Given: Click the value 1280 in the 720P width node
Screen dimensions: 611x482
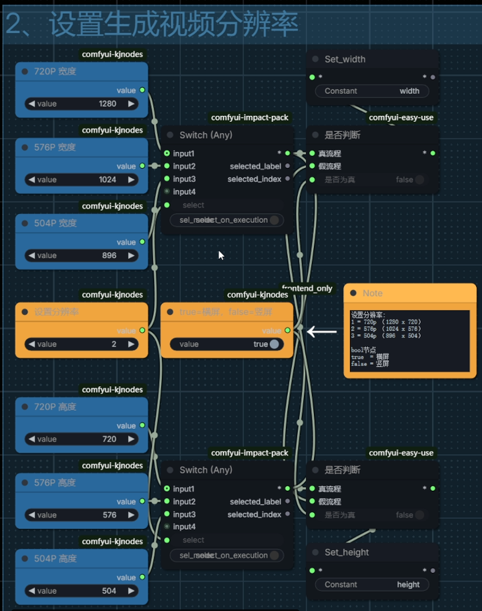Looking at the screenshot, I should coord(108,104).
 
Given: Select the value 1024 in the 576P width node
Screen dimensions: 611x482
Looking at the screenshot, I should coord(108,179).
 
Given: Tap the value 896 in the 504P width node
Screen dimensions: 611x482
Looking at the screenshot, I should coord(109,255).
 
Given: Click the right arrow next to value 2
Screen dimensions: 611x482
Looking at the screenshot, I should coord(132,344).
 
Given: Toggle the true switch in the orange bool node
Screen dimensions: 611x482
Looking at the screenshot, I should coord(274,344).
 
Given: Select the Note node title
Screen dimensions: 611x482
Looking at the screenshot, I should coord(372,293).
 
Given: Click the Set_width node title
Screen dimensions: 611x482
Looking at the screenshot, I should coord(345,59).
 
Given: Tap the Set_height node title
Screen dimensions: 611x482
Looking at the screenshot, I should coord(346,552).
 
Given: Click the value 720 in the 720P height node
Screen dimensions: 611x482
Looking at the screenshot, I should coord(109,439).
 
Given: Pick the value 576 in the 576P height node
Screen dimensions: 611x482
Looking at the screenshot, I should coord(109,515).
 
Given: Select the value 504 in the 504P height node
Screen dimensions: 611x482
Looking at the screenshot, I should coord(109,590).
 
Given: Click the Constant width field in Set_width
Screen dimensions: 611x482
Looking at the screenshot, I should coord(372,91).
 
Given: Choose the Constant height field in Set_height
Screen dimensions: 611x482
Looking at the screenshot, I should coord(372,584).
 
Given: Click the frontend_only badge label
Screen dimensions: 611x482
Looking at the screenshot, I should coord(307,288).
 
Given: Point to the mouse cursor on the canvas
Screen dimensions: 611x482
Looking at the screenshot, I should coord(221,255).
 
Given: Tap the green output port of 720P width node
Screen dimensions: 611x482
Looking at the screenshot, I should coord(142,90).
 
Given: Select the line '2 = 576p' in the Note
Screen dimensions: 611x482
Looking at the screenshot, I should coord(386,328).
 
